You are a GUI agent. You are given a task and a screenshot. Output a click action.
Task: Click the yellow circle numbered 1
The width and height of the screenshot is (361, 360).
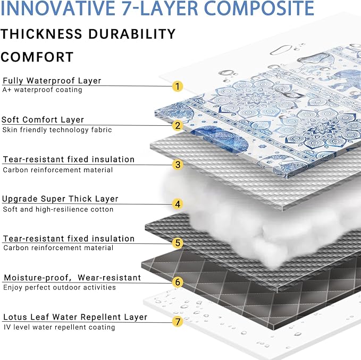[x=178, y=87]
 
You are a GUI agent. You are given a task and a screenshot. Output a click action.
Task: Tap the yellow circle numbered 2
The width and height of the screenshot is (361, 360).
[x=178, y=125]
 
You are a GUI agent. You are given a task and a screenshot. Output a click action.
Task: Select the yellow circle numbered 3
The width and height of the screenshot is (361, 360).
[x=178, y=165]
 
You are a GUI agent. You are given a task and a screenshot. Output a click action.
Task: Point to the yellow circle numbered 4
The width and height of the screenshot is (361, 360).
[x=178, y=204]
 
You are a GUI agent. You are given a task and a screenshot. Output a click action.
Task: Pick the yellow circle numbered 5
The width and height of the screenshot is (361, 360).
[x=178, y=243]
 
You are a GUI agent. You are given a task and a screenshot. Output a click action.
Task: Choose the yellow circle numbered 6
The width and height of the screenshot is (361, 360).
[x=178, y=282]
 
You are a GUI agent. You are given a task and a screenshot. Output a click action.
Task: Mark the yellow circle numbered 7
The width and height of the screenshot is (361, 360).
[x=178, y=322]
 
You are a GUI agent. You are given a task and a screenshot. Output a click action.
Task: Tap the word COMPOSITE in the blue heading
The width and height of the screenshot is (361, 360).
[x=259, y=8]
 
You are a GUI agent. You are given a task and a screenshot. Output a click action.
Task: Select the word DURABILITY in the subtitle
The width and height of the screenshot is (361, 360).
[x=132, y=34]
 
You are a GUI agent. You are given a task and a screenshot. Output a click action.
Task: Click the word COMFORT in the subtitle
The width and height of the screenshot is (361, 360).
[x=37, y=57]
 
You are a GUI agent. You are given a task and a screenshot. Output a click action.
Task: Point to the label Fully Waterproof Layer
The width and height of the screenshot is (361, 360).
[x=52, y=81]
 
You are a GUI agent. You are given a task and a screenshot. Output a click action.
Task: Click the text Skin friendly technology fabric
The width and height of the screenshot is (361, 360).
[x=57, y=130]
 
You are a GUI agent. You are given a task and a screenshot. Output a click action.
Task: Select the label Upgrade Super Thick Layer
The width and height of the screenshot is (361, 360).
[x=60, y=199]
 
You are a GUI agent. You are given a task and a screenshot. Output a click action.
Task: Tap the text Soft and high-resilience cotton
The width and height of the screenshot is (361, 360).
[x=58, y=209]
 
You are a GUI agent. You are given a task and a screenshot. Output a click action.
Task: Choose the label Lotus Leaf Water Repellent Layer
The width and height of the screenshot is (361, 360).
[x=75, y=317]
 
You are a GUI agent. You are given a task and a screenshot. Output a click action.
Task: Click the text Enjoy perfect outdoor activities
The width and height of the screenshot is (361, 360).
[x=60, y=287]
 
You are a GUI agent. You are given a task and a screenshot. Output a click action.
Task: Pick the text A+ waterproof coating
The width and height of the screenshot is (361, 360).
[x=42, y=90]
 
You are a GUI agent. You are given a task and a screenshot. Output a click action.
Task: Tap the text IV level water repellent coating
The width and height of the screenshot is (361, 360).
[x=59, y=327]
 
